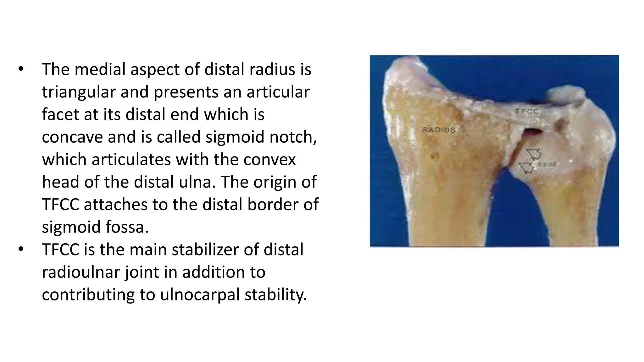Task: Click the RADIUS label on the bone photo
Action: [x=438, y=129]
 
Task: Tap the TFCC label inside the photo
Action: [x=527, y=111]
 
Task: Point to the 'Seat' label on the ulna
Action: [x=547, y=164]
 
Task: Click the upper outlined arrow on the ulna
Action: [x=534, y=154]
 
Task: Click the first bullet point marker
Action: [x=21, y=69]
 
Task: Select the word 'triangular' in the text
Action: [x=79, y=92]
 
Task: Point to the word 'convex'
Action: [x=270, y=160]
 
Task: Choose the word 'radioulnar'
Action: [x=81, y=272]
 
